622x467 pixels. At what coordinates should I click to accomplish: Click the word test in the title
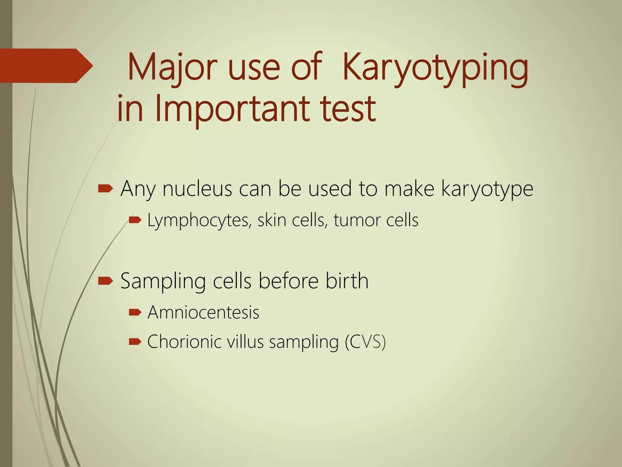tap(348, 109)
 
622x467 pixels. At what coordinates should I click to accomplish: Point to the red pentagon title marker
tap(46, 66)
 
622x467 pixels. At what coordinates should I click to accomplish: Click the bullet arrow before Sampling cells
tap(105, 281)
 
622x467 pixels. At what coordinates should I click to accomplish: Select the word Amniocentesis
tap(203, 312)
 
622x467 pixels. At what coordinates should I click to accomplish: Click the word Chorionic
tap(184, 342)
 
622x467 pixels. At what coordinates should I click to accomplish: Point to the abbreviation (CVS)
tap(365, 342)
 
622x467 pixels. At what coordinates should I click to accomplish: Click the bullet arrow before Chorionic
tap(135, 342)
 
